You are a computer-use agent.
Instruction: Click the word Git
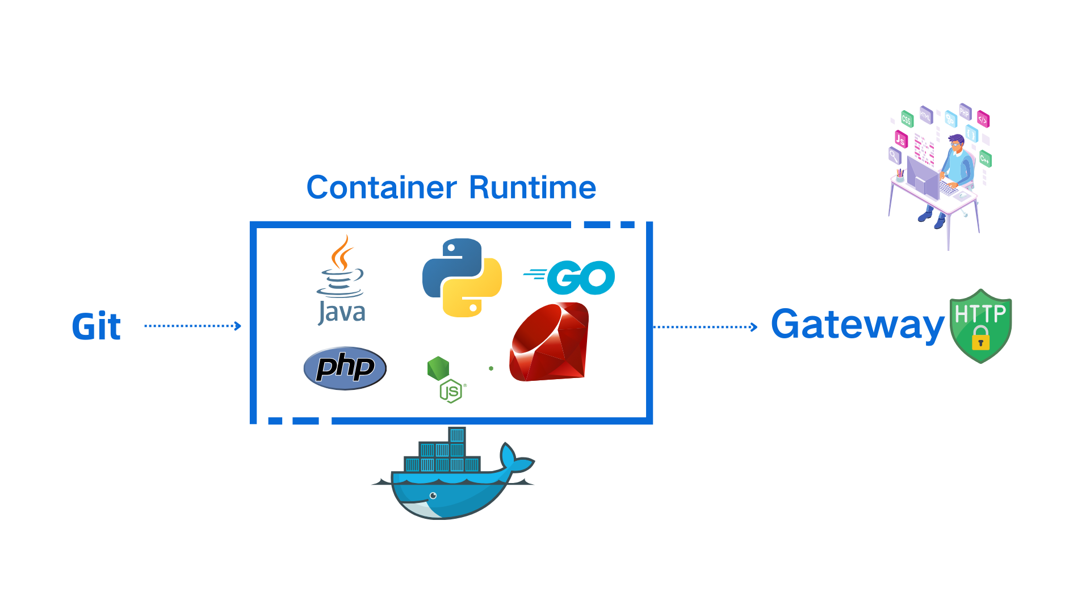pyautogui.click(x=97, y=326)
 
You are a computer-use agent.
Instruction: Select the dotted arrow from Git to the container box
pyautogui.click(x=192, y=326)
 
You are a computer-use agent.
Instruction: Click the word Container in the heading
pyautogui.click(x=381, y=188)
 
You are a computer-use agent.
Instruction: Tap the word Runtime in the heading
pyautogui.click(x=533, y=188)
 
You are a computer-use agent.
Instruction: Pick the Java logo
pyautogui.click(x=341, y=281)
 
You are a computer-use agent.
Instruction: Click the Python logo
pyautogui.click(x=462, y=278)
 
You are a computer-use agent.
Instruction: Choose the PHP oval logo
pyautogui.click(x=345, y=368)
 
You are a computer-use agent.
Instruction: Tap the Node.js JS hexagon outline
pyautogui.click(x=451, y=391)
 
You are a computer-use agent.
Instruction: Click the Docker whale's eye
pyautogui.click(x=433, y=496)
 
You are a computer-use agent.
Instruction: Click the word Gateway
pyautogui.click(x=857, y=325)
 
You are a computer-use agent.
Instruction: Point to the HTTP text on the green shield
pyautogui.click(x=980, y=314)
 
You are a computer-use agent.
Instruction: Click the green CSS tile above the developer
pyautogui.click(x=907, y=119)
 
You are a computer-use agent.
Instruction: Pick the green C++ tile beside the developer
pyautogui.click(x=985, y=159)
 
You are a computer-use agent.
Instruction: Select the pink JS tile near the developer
pyautogui.click(x=901, y=138)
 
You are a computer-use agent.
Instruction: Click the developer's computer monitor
pyautogui.click(x=923, y=176)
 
